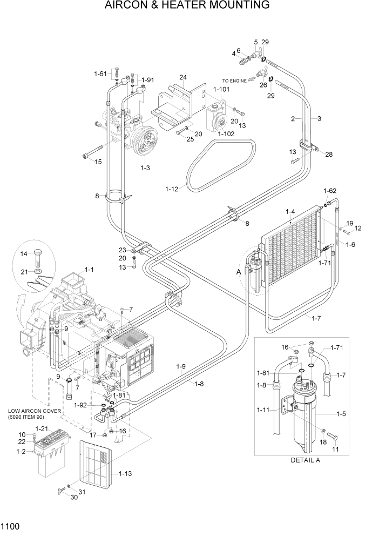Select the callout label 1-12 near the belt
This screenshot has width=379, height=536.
pos(173,189)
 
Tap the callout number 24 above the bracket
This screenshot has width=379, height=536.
pos(182,77)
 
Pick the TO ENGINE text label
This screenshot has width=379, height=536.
pos(234,81)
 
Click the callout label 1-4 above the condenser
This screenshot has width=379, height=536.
pos(290,211)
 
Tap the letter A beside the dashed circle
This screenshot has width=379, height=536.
pos(238,272)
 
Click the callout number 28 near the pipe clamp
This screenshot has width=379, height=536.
pos(328,154)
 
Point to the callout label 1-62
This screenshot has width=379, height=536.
pos(330,191)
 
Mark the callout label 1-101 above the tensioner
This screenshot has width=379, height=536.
pos(222,90)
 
